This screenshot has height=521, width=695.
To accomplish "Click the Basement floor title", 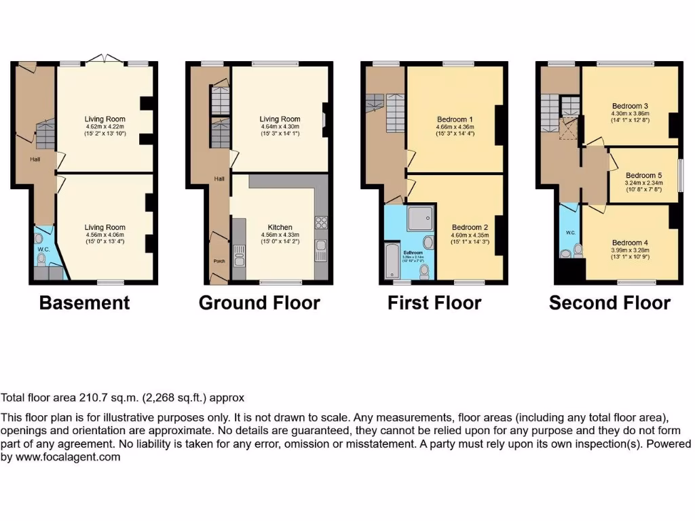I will pos(84,303).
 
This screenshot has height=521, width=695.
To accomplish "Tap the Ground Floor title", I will pos(259,303).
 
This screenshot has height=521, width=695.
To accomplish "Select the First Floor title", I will pos(434,303).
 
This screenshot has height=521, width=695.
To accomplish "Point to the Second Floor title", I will pos(609,303).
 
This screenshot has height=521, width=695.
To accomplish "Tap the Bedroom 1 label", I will pos(455,119).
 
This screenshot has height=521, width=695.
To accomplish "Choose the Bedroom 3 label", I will pos(630,106).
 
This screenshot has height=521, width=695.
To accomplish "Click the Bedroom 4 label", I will pos(630,243).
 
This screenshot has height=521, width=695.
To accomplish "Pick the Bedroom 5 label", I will pos(643,174).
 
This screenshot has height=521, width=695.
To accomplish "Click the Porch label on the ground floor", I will pos(219,260).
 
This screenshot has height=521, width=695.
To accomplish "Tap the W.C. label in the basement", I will pos(43,249).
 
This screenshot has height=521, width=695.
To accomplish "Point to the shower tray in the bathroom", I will pos(420,218).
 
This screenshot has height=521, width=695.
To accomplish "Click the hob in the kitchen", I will pos(321,222).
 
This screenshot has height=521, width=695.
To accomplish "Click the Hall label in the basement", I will pos(34,159).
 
